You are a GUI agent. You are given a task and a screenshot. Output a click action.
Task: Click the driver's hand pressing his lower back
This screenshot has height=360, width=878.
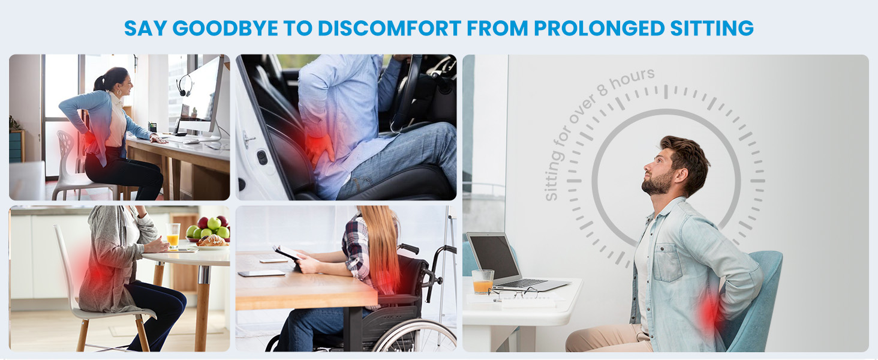320,147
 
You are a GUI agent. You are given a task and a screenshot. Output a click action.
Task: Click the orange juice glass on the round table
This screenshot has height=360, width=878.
173,235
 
